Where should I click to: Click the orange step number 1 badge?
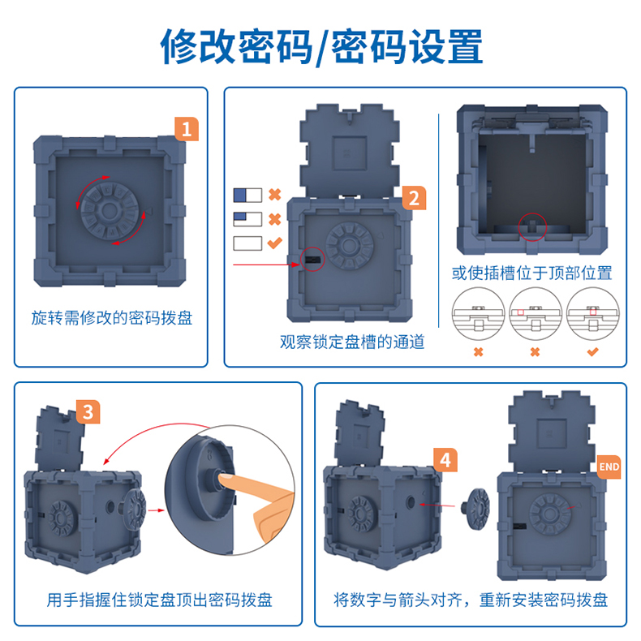tap(187, 128)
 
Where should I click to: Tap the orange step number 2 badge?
tap(414, 197)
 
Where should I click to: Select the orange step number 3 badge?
tap(87, 411)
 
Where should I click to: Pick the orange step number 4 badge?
tap(444, 460)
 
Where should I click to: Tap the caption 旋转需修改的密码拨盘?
tap(112, 317)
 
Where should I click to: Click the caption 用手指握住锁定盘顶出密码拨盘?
tap(159, 600)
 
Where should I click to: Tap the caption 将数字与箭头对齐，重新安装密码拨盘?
tap(471, 600)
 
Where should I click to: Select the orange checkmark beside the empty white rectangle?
tap(274, 242)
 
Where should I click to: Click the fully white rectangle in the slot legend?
tap(247, 242)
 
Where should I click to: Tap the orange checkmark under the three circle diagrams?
tap(592, 351)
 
